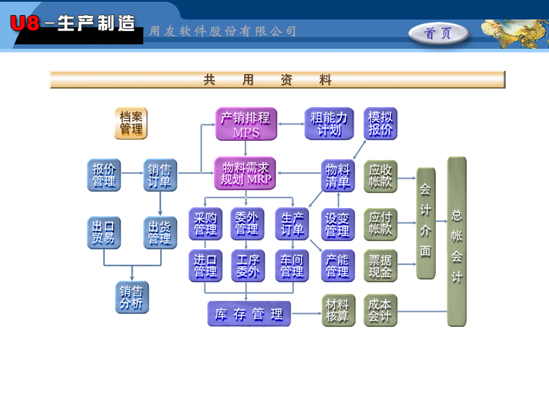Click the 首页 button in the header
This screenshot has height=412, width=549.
point(439,33)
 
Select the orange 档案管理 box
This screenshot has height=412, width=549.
point(130,123)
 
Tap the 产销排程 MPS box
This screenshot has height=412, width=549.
point(245,124)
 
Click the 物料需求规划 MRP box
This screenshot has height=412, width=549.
point(245,173)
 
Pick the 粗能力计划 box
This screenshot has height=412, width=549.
point(329,124)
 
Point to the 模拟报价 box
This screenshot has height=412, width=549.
point(380,124)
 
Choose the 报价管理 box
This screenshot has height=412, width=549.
point(104,175)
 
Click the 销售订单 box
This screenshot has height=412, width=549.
point(160,175)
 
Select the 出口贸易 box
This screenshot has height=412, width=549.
point(104,233)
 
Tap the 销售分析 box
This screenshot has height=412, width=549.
point(132,297)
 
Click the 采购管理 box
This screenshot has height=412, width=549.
point(205,224)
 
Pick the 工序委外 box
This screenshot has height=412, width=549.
point(246,266)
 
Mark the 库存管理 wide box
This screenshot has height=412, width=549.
point(248,314)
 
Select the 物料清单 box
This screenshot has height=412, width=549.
point(338,175)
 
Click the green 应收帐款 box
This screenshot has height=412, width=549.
point(380,176)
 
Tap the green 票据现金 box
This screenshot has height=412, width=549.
point(380,266)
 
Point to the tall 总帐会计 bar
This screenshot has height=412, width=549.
point(456,242)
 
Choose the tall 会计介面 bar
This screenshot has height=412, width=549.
point(425,223)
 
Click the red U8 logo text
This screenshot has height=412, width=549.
point(25,24)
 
